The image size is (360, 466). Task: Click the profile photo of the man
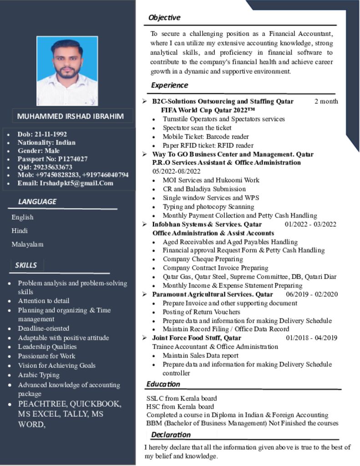point(67,71)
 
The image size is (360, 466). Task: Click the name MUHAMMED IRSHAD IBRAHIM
point(70,116)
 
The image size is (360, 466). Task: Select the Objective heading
point(164,18)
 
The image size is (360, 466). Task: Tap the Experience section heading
point(169,85)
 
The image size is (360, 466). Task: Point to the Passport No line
point(52,159)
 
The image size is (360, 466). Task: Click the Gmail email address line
point(65,183)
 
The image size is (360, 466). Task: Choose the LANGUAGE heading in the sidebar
point(37,201)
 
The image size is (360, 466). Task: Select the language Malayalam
point(27,244)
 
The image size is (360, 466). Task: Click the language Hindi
point(20,231)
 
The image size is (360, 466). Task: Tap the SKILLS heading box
point(26,265)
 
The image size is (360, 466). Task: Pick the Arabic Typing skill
point(39,375)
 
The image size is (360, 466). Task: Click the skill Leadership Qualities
point(47,347)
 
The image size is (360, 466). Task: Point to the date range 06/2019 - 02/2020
point(312,294)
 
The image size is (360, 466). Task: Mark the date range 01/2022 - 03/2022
point(310,224)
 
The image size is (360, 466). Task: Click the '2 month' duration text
point(326,101)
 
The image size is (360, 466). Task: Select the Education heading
point(163,384)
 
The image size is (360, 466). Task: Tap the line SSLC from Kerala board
point(182,399)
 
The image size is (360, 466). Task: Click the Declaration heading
point(171,435)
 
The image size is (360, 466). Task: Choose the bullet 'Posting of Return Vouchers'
point(201,312)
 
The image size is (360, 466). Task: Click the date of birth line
point(42,134)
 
